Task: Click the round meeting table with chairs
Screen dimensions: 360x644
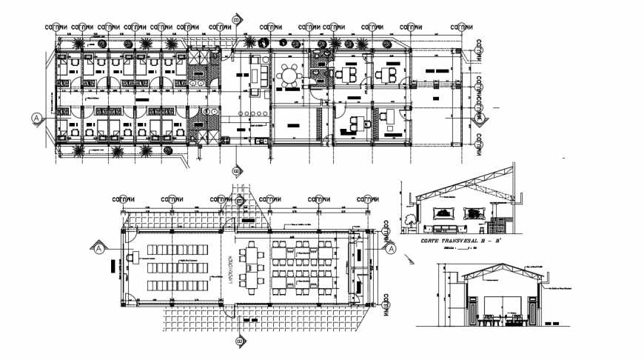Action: [288, 75]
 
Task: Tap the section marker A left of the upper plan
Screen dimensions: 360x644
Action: [35, 118]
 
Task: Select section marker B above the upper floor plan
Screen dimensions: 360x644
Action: [236, 19]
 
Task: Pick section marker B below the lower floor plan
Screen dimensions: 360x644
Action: [238, 341]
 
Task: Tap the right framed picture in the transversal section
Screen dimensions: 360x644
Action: [471, 212]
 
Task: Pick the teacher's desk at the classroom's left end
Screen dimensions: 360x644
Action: [134, 258]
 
